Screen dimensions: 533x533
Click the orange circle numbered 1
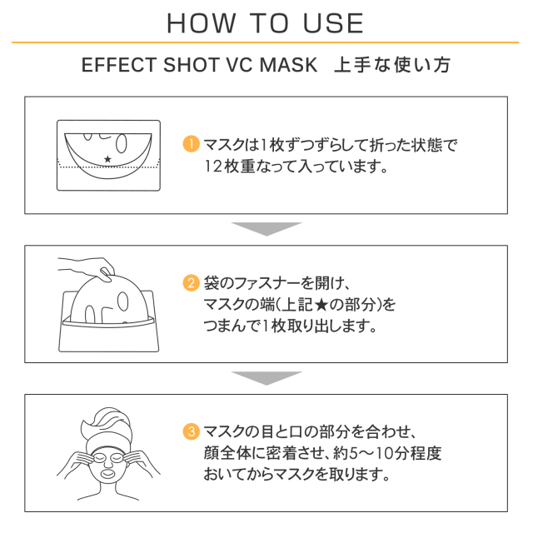(x=191, y=144)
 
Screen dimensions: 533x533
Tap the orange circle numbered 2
(x=191, y=283)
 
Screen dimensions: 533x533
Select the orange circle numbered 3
(x=191, y=431)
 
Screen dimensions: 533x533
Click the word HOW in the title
(x=202, y=23)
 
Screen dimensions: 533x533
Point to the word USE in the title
(x=333, y=23)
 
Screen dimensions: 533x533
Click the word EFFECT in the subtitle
(x=119, y=65)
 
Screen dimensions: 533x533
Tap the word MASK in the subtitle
(x=288, y=65)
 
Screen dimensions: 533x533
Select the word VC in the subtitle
(x=238, y=65)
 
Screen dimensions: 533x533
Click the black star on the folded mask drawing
(x=107, y=159)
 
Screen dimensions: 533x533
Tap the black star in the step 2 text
(x=321, y=305)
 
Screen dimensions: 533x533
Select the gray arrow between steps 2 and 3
(x=266, y=378)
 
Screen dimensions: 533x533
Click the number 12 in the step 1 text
(x=213, y=167)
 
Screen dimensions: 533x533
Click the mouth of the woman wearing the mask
(x=108, y=472)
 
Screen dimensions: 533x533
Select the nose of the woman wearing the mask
(x=107, y=462)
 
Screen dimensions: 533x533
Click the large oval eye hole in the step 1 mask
(x=122, y=144)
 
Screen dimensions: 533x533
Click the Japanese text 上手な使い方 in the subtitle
(x=392, y=65)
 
